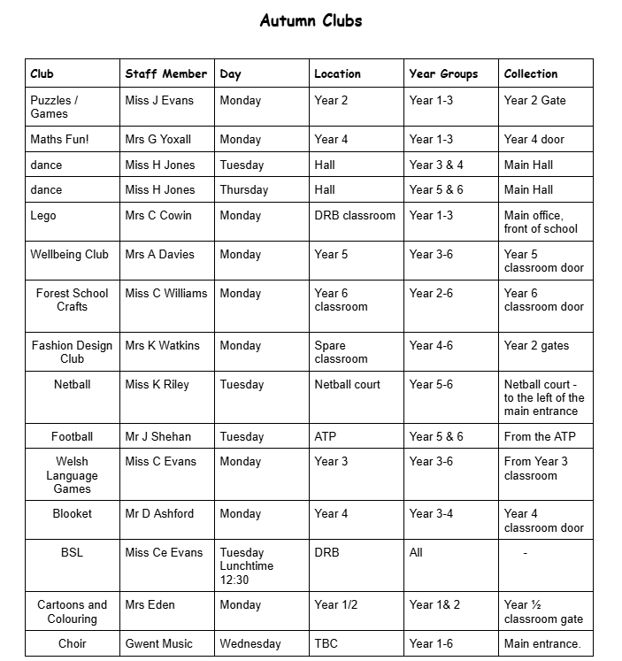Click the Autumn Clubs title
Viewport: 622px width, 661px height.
pyautogui.click(x=311, y=20)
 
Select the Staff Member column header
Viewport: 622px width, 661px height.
pyautogui.click(x=165, y=73)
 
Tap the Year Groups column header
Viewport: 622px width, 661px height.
pyautogui.click(x=443, y=73)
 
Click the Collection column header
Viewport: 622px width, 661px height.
pyautogui.click(x=531, y=73)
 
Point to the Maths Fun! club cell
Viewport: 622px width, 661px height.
pyautogui.click(x=59, y=139)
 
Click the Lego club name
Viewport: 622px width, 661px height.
pyautogui.click(x=43, y=215)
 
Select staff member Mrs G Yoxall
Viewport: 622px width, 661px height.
pyautogui.click(x=158, y=139)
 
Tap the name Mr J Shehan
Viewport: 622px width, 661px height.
pyautogui.click(x=158, y=436)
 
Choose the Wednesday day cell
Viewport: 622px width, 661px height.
pyautogui.click(x=250, y=643)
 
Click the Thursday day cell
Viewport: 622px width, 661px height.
pyautogui.click(x=244, y=189)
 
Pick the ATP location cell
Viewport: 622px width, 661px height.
pyautogui.click(x=326, y=436)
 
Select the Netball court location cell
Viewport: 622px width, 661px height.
pyautogui.click(x=348, y=384)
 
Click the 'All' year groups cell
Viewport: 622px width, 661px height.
pyautogui.click(x=416, y=552)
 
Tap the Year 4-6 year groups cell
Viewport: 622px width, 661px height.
pyautogui.click(x=431, y=345)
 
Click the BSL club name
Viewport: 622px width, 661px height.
pyautogui.click(x=72, y=552)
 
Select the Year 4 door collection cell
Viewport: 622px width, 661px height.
pyautogui.click(x=534, y=139)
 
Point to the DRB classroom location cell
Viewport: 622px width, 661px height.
pyautogui.click(x=355, y=215)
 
